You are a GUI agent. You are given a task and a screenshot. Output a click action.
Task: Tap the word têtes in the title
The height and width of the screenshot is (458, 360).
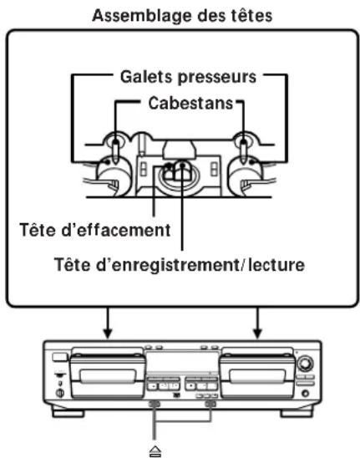point(251,16)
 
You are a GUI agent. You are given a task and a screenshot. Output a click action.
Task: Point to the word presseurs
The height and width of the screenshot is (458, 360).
point(217,78)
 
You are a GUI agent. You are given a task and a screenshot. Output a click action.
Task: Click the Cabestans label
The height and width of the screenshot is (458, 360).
point(190,103)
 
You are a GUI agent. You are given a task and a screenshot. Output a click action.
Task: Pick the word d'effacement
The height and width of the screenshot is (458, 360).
point(116,230)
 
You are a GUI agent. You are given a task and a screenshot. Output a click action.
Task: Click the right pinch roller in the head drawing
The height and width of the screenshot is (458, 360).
point(246,176)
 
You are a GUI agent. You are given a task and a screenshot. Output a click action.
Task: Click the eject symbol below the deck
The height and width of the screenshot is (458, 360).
point(155,451)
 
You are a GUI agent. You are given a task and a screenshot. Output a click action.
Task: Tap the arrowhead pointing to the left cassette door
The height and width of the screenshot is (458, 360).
point(108,333)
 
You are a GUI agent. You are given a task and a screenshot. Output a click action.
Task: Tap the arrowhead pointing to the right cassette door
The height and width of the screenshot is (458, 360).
point(257,333)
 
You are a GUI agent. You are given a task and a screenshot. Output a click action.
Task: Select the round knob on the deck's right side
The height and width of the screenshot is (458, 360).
point(305,364)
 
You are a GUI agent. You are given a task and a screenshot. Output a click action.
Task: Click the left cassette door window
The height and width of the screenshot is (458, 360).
point(109,376)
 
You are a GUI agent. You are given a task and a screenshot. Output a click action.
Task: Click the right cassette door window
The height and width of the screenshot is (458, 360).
point(257,376)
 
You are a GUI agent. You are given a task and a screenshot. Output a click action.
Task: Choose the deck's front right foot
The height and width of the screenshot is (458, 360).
point(296,414)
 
